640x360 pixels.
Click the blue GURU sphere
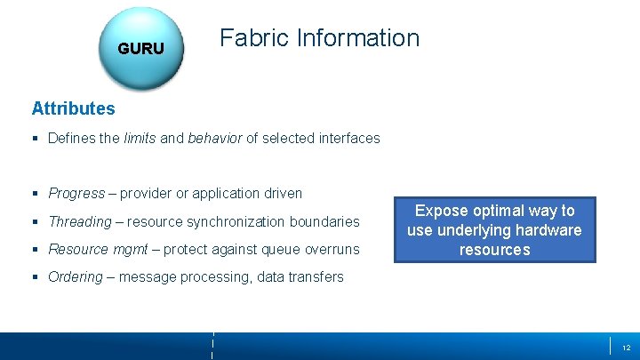141,48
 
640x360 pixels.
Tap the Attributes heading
73,108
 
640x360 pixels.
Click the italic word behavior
215,138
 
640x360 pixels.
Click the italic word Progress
76,193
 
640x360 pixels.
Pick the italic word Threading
80,221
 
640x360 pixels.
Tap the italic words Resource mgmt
98,249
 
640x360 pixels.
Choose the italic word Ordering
76,276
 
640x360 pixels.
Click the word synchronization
236,221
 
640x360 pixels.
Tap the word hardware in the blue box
548,230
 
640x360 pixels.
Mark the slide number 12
626,347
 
